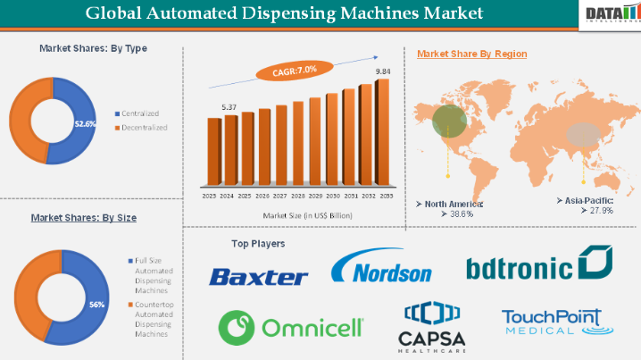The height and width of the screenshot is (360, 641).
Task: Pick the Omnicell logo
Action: click(x=291, y=326)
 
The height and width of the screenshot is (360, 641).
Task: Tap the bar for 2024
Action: click(x=230, y=152)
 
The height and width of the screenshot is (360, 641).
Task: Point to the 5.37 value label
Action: click(x=230, y=107)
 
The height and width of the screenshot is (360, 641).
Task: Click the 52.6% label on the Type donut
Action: click(x=85, y=125)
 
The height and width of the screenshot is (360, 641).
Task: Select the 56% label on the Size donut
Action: click(x=96, y=305)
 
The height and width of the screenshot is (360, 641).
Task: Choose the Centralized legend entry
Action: click(x=140, y=115)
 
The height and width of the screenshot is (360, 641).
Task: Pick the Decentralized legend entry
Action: click(x=143, y=128)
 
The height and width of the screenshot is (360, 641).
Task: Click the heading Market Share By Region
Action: click(x=471, y=54)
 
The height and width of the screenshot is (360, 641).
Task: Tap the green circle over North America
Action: click(x=447, y=123)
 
